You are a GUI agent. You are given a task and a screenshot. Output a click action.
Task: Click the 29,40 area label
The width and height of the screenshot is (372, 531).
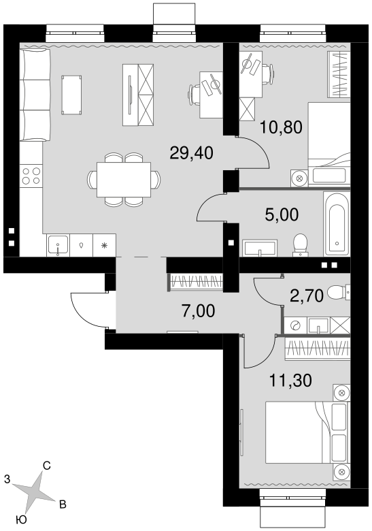pos(191,153)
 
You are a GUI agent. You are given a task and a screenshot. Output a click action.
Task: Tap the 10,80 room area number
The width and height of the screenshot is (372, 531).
pos(281,128)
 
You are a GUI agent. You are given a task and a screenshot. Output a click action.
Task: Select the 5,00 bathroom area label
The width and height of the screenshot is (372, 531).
pos(282,214)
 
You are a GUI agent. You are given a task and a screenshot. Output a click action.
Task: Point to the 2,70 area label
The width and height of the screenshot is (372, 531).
pos(307,295)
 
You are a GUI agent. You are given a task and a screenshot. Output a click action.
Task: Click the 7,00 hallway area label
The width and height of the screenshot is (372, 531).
pos(198,311)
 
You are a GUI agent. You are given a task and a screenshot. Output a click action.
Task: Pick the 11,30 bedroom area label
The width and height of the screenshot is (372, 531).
pos(290,381)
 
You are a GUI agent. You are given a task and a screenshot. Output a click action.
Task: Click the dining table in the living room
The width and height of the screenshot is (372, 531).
pos(124,180)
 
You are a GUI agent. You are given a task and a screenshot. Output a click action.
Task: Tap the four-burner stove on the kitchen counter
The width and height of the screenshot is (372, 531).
pos(31,176)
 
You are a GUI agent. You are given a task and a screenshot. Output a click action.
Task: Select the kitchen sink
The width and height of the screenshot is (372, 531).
pos(58,245)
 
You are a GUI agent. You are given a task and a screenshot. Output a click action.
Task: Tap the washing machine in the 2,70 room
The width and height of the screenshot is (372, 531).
pos(295,326)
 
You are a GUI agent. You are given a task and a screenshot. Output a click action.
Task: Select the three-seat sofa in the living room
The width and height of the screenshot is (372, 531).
pos(35,95)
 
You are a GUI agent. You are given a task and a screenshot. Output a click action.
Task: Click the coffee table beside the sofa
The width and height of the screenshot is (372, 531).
pos(71,95)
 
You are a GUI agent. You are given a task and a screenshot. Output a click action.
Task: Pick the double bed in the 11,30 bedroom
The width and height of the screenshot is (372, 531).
pos(307,432)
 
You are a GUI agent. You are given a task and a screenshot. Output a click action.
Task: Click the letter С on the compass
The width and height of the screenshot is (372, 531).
pos(47,466)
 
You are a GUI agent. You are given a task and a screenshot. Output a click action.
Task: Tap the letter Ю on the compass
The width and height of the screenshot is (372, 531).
pos(21,519)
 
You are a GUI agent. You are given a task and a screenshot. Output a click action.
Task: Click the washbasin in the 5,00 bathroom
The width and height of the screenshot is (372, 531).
pos(260,248)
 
